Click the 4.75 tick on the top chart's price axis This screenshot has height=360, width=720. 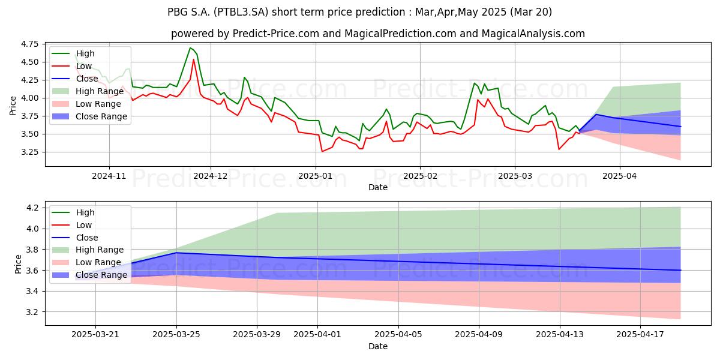click(29, 44)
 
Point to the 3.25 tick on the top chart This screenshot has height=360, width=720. click(29, 152)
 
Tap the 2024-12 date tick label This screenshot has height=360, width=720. click(211, 176)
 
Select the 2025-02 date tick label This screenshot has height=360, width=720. click(420, 176)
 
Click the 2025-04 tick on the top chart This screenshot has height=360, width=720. click(619, 176)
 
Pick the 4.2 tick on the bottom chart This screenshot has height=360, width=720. click(33, 208)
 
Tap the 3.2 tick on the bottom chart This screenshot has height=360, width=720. click(33, 312)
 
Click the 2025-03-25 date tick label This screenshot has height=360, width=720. click(176, 335)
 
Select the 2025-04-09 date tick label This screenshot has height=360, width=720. click(479, 335)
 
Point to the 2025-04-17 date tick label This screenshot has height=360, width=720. click(640, 335)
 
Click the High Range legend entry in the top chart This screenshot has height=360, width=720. click(88, 91)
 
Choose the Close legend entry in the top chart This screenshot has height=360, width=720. click(75, 79)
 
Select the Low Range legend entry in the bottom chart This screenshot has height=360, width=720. click(87, 262)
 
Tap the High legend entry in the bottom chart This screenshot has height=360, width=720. click(73, 212)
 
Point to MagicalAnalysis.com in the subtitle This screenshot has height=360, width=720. click(533, 34)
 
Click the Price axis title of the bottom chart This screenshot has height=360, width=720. click(18, 264)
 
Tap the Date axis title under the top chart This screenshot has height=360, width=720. click(378, 187)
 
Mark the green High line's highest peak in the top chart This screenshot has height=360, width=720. click(190, 48)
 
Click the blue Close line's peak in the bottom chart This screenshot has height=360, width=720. click(176, 253)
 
